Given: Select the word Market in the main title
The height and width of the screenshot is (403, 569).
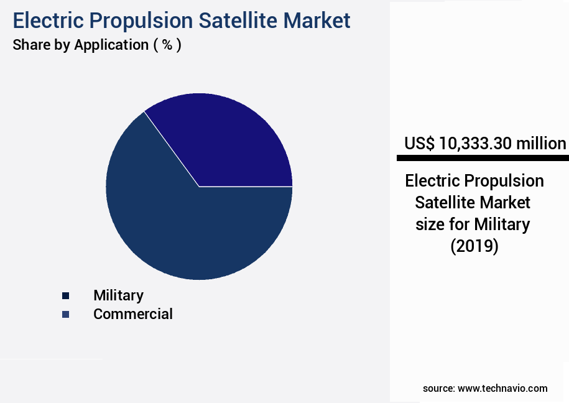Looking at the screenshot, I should point(317,21).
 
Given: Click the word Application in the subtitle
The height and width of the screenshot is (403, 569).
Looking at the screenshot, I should point(109,45).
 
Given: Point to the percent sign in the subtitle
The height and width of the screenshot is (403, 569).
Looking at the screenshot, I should point(167,45).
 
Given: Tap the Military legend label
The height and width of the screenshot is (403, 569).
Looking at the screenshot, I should point(118,295).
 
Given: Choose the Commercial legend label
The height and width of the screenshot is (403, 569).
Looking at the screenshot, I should point(132,314).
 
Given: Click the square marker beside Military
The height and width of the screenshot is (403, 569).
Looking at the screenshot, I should point(65,296).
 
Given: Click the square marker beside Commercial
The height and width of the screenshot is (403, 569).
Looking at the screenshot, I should point(65,315).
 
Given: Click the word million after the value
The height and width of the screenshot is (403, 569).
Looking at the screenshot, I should point(541,144).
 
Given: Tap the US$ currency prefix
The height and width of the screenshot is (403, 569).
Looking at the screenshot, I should point(420,144).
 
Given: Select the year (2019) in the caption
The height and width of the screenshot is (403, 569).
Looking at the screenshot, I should point(474,246).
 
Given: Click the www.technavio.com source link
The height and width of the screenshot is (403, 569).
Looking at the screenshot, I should point(502,388).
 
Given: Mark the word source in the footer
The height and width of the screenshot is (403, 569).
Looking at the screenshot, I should point(438,388).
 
